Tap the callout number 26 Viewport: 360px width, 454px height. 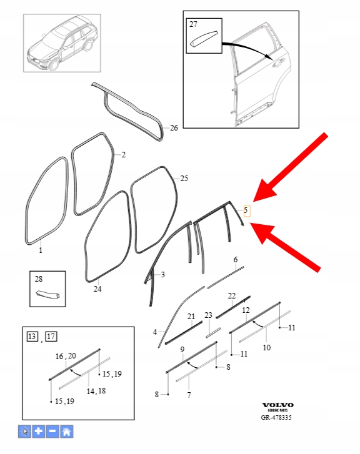[x=174, y=127]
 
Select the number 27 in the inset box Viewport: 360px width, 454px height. [x=193, y=24]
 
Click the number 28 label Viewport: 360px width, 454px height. [x=39, y=279]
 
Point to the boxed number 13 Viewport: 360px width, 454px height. [x=32, y=337]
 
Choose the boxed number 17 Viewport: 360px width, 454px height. [x=51, y=337]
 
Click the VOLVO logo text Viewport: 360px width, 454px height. [x=277, y=405]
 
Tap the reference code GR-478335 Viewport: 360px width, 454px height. [x=276, y=417]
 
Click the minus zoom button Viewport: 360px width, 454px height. [x=52, y=432]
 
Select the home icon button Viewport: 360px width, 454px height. [x=66, y=432]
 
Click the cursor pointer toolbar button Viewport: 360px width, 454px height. [x=24, y=432]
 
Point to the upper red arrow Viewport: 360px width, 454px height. [x=290, y=167]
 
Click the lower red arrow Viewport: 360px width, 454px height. [x=285, y=247]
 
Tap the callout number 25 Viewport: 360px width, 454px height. [x=184, y=179]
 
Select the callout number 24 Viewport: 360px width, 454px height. [x=97, y=289]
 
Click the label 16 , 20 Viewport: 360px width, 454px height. [x=66, y=356]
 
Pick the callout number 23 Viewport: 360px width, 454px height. [x=208, y=315]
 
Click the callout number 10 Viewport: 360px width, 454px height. [x=266, y=347]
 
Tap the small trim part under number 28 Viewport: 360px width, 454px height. [x=48, y=295]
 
